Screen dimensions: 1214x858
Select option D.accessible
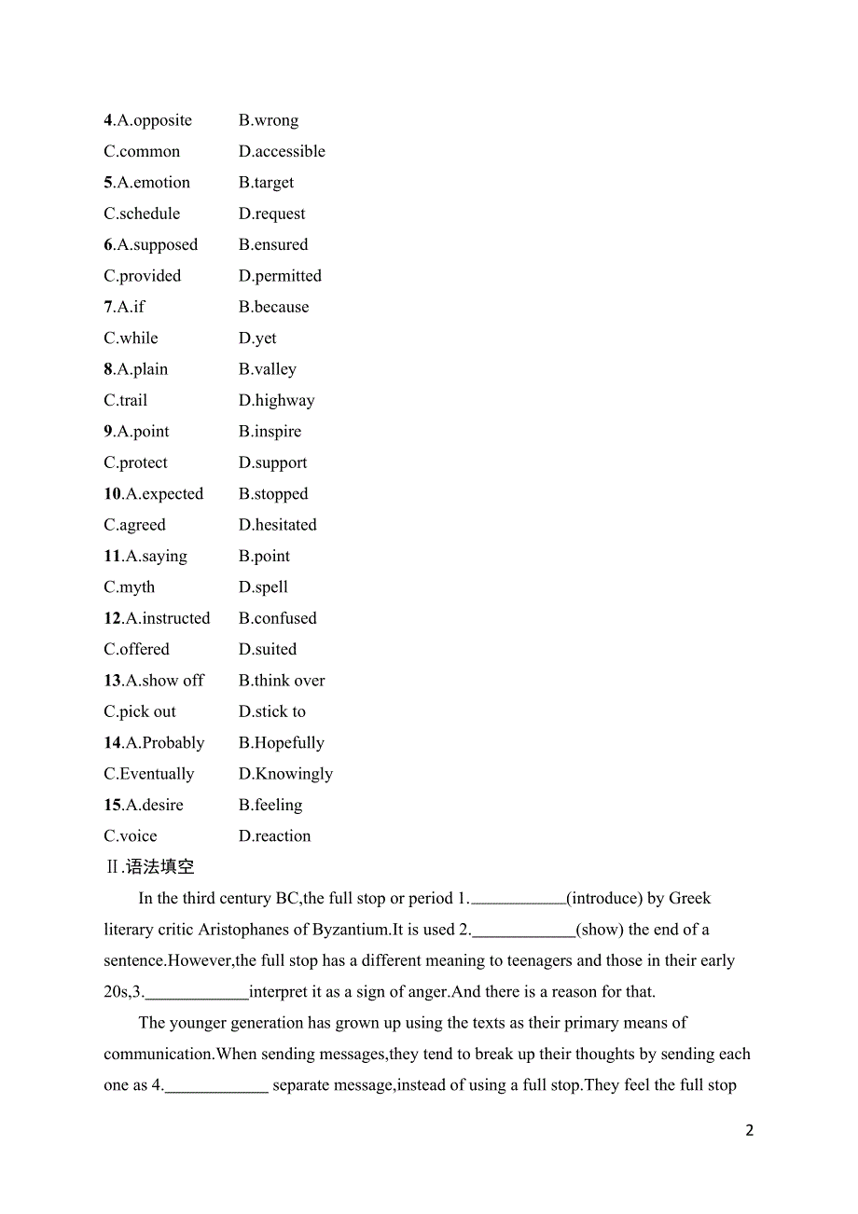point(282,151)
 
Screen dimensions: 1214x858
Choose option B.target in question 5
point(266,183)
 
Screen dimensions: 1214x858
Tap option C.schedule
point(142,214)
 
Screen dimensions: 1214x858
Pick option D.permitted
point(280,276)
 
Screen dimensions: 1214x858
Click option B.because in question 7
point(273,307)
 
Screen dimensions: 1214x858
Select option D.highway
point(276,400)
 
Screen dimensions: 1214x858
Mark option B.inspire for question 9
point(270,432)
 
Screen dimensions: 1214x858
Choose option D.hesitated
point(277,525)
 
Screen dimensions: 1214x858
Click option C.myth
point(130,587)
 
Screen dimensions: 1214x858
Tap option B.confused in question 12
point(277,618)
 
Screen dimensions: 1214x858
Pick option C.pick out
point(140,711)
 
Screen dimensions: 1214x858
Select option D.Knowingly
point(285,774)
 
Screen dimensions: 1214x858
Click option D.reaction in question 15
point(274,836)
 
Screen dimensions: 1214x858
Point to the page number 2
point(750,1130)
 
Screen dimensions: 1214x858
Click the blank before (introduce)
point(519,900)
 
